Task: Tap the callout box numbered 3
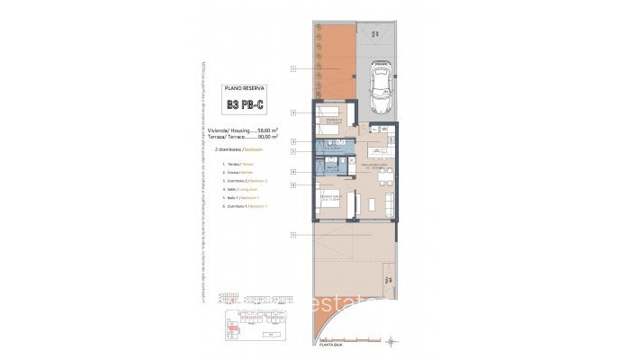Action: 293,112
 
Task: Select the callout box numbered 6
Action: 293,184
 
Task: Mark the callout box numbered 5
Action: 293,152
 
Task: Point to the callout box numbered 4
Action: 293,171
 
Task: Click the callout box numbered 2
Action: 293,141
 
